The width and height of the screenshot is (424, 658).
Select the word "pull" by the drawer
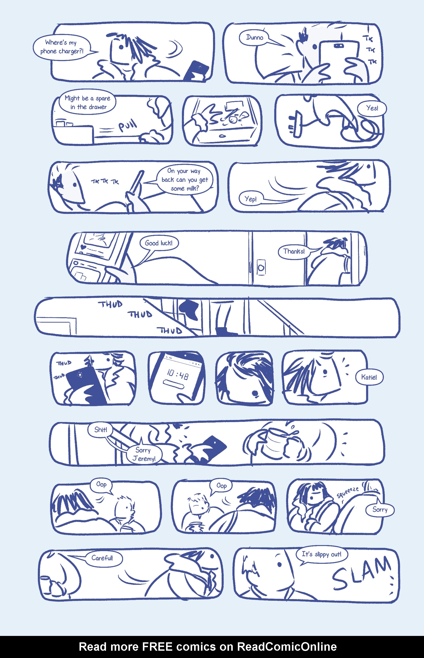coord(127,125)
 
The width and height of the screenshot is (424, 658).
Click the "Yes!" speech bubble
coord(372,108)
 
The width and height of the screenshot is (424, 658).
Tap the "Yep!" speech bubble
coord(251,199)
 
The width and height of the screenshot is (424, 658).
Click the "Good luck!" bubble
coord(159,243)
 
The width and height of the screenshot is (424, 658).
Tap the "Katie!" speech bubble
coord(369,377)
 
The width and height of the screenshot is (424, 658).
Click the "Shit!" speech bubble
coord(100,429)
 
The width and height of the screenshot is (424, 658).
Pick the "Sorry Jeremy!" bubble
coord(144,454)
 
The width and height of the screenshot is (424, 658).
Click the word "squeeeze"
coord(348,492)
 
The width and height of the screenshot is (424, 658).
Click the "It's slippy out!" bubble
coord(322,554)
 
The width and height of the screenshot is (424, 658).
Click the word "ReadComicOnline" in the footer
coord(287,647)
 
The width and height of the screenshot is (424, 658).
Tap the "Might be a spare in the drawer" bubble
coord(87,102)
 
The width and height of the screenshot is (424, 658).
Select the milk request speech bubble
coord(185,180)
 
